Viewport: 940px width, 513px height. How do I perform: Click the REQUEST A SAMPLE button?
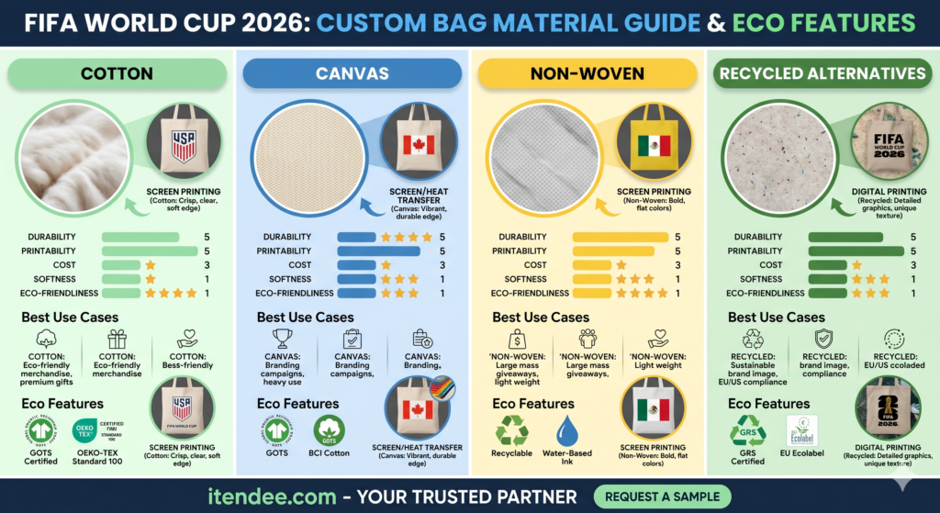tap(662, 496)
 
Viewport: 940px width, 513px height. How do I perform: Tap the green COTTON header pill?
tap(117, 73)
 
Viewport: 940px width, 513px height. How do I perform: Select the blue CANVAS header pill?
tap(352, 73)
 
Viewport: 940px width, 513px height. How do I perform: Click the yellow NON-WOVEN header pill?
tap(587, 73)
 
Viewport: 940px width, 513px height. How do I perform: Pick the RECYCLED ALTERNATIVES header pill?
tap(822, 73)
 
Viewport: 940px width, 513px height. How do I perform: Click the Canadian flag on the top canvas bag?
tap(418, 146)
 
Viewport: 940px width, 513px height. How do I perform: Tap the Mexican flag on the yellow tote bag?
tap(654, 146)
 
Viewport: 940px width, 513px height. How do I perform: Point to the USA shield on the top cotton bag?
tap(184, 146)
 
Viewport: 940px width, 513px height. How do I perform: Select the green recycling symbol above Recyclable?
tap(511, 430)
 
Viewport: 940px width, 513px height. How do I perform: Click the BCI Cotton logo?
tap(334, 430)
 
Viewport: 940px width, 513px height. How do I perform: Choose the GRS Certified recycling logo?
tap(747, 430)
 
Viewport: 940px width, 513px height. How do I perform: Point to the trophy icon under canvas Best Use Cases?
tap(282, 340)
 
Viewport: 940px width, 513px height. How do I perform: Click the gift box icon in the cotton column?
tap(117, 340)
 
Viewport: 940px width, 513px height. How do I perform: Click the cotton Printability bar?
tap(150, 251)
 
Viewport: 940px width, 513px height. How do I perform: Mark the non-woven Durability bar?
tap(620, 237)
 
